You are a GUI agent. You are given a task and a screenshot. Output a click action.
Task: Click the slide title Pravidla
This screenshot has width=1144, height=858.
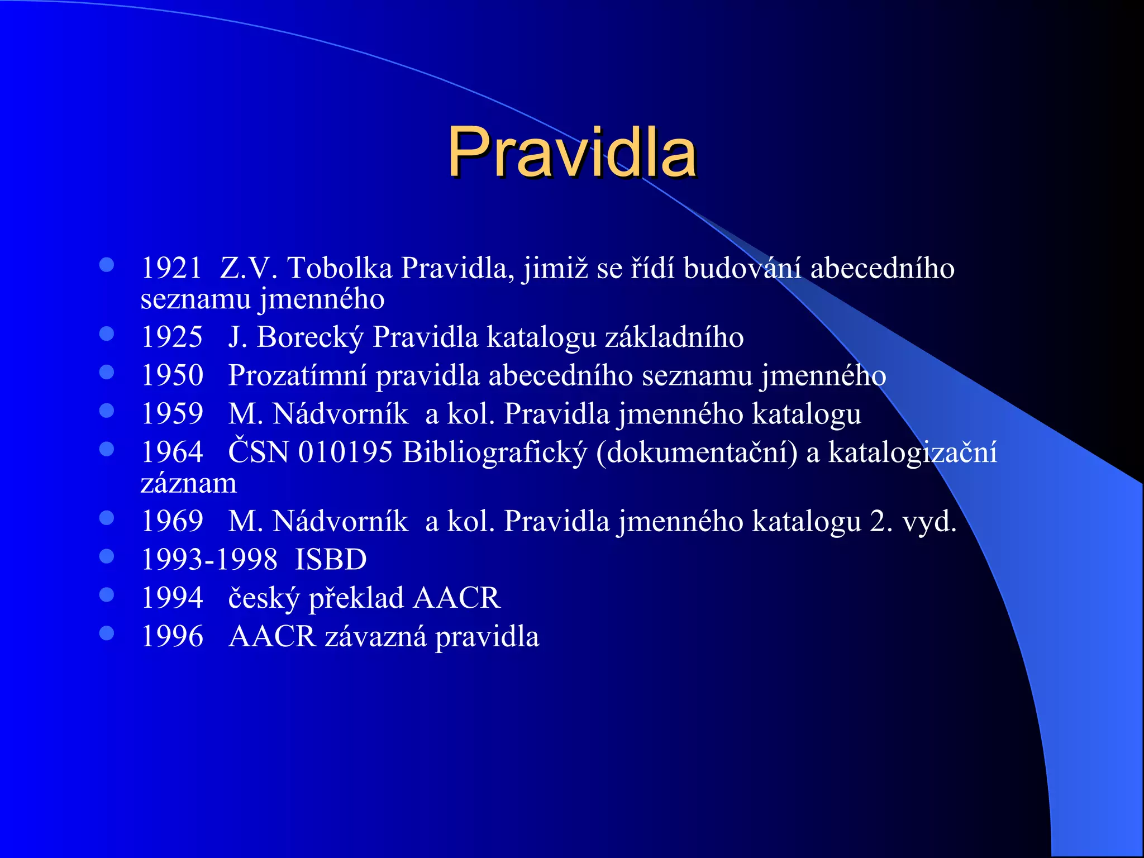pyautogui.click(x=571, y=152)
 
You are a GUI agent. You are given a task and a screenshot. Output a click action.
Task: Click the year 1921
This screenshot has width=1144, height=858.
pyautogui.click(x=171, y=268)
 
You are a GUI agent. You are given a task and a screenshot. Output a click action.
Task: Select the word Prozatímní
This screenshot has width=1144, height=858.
pyautogui.click(x=298, y=376)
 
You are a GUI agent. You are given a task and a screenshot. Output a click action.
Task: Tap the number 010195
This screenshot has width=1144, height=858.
pyautogui.click(x=345, y=452)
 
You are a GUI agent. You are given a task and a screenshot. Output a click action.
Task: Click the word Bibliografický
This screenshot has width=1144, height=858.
pyautogui.click(x=495, y=453)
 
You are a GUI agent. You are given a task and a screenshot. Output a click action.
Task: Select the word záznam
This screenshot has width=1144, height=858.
pyautogui.click(x=189, y=483)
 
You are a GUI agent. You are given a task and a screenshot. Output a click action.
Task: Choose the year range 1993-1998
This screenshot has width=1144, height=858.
pyautogui.click(x=209, y=560)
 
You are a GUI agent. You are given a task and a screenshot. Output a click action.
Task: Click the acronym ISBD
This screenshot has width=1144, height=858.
pyautogui.click(x=331, y=560)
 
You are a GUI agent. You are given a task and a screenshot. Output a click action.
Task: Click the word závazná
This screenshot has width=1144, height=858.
pyautogui.click(x=375, y=637)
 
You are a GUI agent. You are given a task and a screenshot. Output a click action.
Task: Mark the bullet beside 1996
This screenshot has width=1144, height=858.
pyautogui.click(x=107, y=633)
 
